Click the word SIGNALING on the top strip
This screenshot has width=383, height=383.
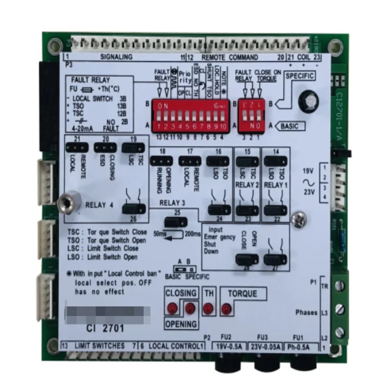[116, 57]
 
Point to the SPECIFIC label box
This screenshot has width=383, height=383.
[300, 76]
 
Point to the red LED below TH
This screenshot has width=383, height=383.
[208, 308]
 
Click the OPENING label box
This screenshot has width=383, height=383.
[181, 324]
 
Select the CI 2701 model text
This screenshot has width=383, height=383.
[104, 329]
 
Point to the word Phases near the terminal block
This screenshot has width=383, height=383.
[306, 312]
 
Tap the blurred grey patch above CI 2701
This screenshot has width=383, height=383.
[107, 313]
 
